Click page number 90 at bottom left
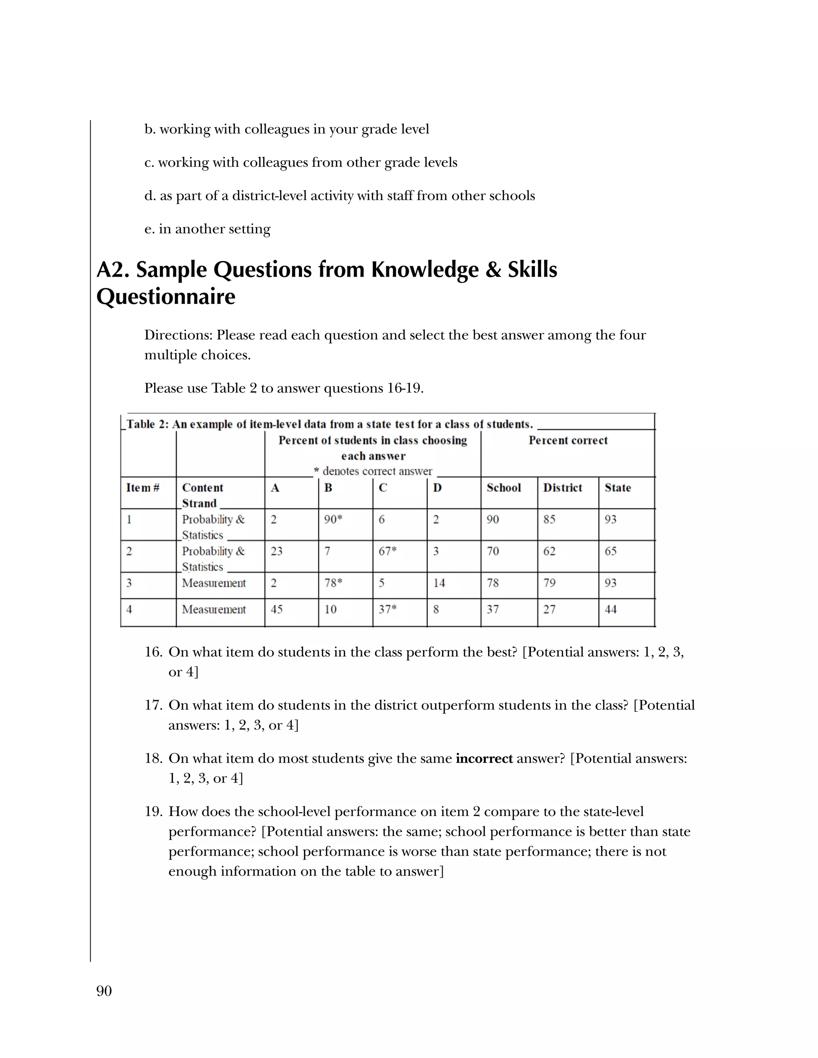pos(104,991)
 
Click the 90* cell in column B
pos(334,519)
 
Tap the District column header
pos(562,487)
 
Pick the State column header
pos(617,487)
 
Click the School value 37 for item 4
pos(493,609)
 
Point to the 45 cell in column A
pos(277,609)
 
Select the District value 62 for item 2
pos(549,551)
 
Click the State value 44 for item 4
pos(611,609)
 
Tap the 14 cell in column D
pos(439,583)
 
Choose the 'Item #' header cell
pos(143,487)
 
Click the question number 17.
pos(153,705)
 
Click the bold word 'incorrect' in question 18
pos(484,758)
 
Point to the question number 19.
pos(153,811)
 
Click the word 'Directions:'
pos(178,335)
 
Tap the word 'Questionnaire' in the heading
pos(166,297)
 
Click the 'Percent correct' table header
pos(568,440)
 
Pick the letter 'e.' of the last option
pos(149,229)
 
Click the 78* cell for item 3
pos(334,583)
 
